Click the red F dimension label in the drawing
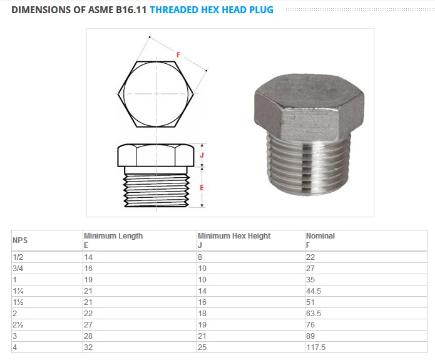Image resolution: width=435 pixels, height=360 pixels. click(x=178, y=55)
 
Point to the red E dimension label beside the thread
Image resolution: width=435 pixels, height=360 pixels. click(x=201, y=187)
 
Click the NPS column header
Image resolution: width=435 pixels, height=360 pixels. click(x=20, y=240)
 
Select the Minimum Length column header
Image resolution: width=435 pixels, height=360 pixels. click(x=113, y=236)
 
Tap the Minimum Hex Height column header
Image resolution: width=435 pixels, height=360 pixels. click(x=234, y=236)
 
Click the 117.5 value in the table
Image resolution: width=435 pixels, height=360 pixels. click(x=316, y=347)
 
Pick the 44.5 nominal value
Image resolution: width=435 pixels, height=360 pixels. click(x=314, y=291)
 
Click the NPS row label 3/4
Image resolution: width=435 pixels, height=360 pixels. click(x=18, y=268)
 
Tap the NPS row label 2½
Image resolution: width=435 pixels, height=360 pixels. click(x=19, y=324)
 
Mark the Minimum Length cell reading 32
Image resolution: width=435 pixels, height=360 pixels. click(x=88, y=347)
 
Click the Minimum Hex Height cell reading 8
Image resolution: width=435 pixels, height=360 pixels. click(x=200, y=257)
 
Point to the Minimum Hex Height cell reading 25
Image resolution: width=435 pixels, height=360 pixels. click(x=202, y=347)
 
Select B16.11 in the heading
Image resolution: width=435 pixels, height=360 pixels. click(x=129, y=10)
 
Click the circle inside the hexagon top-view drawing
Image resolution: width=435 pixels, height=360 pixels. click(x=156, y=94)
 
